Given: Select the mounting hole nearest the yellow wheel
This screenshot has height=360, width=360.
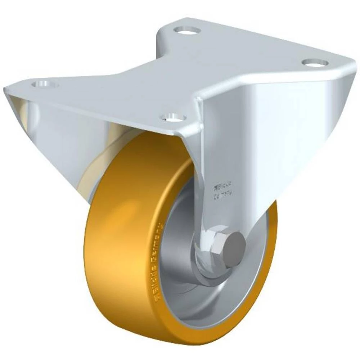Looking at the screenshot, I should [173, 117].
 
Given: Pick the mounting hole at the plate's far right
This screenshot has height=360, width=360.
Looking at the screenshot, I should [315, 63].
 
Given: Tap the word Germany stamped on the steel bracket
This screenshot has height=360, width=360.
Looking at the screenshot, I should [223, 197].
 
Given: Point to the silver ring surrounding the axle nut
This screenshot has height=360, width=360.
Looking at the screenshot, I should [205, 263].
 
